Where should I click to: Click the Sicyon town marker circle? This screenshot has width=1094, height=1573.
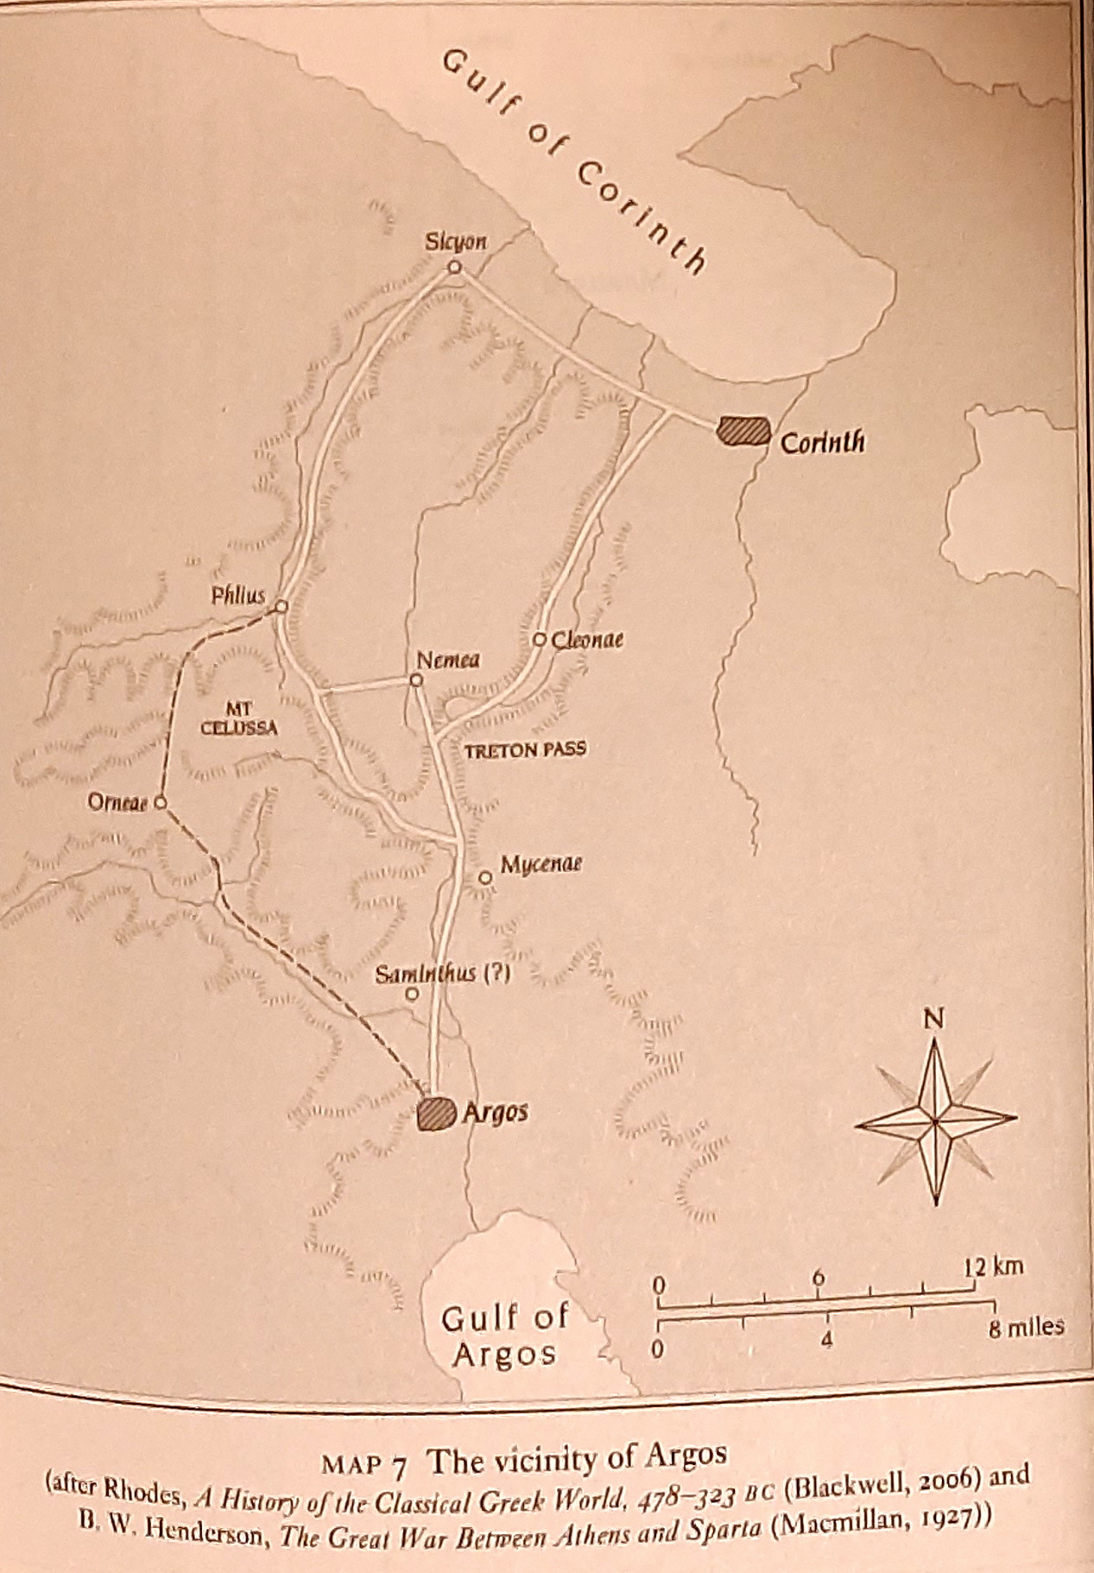(x=454, y=268)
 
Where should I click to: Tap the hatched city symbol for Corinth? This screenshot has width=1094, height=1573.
(x=743, y=430)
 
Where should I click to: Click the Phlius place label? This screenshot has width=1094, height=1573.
(x=239, y=595)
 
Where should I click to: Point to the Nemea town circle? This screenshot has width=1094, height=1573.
(x=416, y=680)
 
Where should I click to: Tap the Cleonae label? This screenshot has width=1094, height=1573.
(x=587, y=640)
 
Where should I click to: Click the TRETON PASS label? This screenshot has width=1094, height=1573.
(x=525, y=749)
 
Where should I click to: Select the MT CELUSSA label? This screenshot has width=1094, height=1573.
(x=239, y=718)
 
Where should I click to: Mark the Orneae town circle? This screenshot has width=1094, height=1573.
(x=160, y=803)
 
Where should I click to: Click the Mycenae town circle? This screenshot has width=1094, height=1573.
(x=485, y=878)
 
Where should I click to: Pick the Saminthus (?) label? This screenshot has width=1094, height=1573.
(x=443, y=974)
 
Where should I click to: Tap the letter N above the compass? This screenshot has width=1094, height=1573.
(x=933, y=1020)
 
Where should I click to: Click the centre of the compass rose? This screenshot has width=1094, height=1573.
(x=935, y=1121)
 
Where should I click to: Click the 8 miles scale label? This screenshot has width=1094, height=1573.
(x=1027, y=1327)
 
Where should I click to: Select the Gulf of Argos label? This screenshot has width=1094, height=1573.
(x=505, y=1336)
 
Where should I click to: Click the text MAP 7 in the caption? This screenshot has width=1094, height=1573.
(x=364, y=1462)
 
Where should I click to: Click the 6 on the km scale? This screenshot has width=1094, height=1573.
(x=819, y=1278)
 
